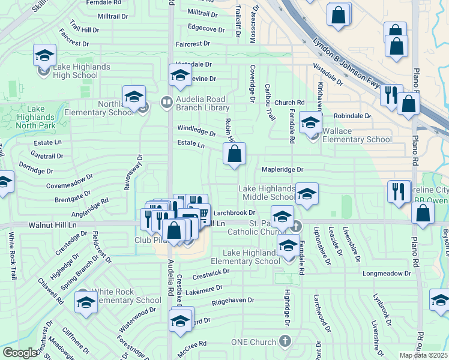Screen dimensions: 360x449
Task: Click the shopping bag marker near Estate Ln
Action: pos(235,154)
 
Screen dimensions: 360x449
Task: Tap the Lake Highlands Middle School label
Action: pos(268,193)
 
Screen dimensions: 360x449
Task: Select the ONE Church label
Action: pos(253,342)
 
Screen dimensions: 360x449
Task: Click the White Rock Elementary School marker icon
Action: pos(86,302)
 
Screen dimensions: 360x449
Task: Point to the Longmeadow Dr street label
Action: pos(387,274)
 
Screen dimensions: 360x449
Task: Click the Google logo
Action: pos(20,353)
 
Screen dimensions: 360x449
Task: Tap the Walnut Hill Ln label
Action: pos(53,224)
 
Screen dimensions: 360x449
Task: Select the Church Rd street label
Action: pos(290,103)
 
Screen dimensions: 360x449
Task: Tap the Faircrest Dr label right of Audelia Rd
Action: pos(193,44)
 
